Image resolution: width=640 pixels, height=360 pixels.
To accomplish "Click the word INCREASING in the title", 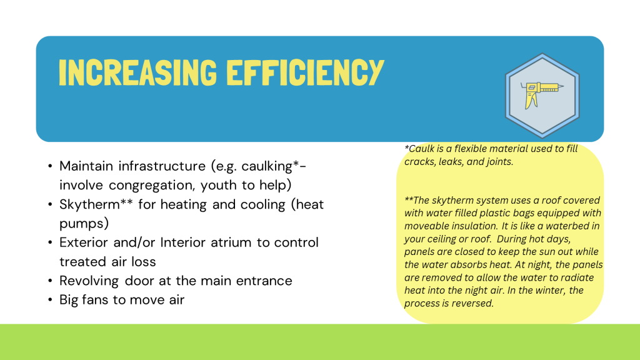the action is tap(137, 72).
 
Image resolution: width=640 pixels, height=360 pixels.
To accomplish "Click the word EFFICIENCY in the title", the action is tap(305, 72).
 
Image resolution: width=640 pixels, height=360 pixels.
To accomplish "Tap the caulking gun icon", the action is tap(542, 96).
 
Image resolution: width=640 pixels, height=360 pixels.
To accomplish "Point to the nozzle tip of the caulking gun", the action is tap(563, 86).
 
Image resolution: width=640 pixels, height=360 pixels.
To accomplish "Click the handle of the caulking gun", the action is tap(531, 101).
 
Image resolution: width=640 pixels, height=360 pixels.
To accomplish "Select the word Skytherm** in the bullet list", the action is tap(96, 204).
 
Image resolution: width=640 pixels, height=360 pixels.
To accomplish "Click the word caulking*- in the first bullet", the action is tap(274, 166).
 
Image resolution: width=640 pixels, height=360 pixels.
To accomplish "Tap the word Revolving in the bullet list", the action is tap(89, 281).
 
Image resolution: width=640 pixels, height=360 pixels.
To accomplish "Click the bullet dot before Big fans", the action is tap(50, 300).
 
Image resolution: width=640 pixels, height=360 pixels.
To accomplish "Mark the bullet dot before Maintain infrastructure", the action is tap(50, 166).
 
